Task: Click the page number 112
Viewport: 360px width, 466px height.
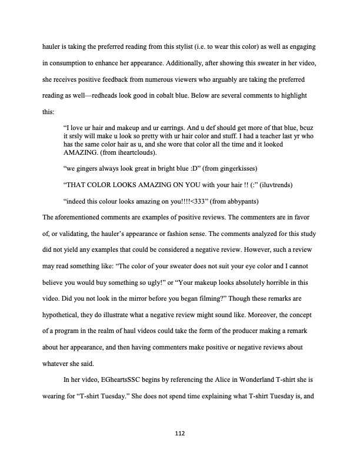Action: coord(180,434)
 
